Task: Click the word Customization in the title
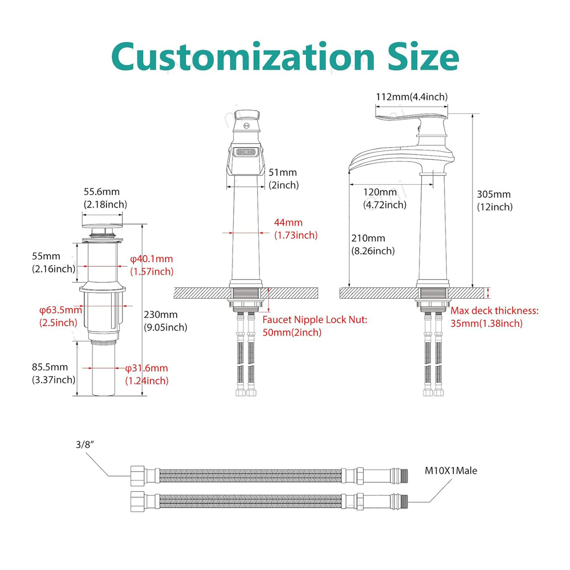click(243, 57)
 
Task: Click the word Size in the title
click(424, 57)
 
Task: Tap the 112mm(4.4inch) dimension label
click(412, 97)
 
